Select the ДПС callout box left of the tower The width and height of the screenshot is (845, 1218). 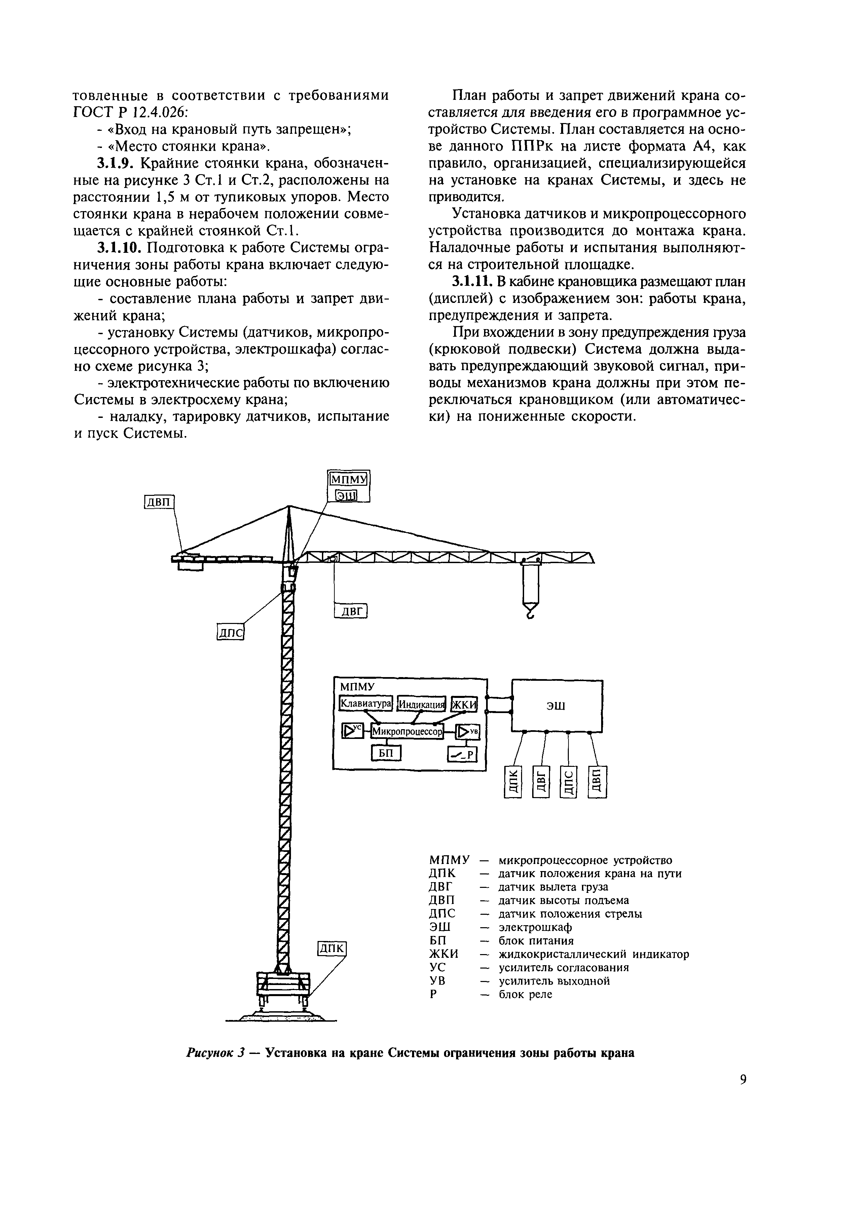230,633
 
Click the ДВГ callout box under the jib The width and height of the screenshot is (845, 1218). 351,611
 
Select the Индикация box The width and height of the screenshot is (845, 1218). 421,704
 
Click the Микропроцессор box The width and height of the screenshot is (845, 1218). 407,732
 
